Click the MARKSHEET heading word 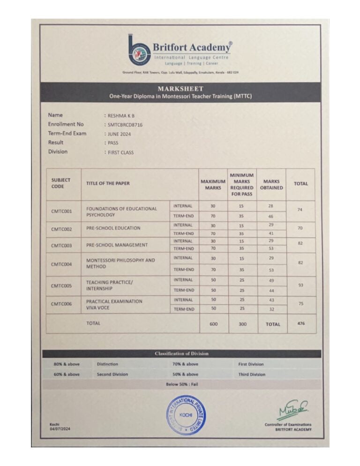[180, 89]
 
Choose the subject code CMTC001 [61, 211]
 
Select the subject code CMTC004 [61, 264]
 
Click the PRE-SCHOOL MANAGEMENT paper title [117, 245]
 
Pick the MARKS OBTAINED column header [271, 184]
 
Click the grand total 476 [300, 323]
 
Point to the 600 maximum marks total [213, 324]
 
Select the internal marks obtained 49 [271, 280]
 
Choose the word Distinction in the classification [107, 364]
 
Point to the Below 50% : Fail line [182, 384]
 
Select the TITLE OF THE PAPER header [108, 184]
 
